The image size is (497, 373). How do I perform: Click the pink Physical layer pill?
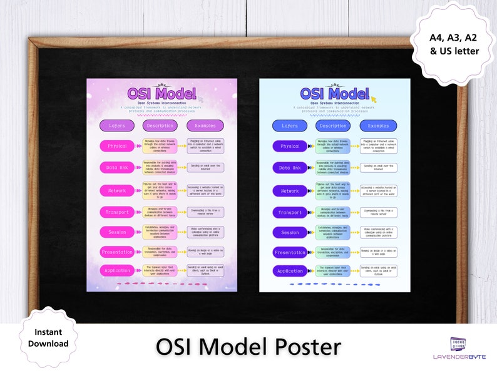[116, 146]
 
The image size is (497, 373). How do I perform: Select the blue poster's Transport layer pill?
[290, 212]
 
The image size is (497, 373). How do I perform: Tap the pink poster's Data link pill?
[116, 167]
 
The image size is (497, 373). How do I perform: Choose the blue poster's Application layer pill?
[290, 271]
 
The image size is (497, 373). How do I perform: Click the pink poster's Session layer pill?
[116, 232]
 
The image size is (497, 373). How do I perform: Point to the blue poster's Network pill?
[290, 190]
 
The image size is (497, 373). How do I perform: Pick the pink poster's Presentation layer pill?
[116, 252]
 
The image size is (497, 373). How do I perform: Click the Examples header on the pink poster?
[205, 125]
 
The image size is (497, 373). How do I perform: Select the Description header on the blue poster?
[332, 126]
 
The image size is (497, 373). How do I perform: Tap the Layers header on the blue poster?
[290, 126]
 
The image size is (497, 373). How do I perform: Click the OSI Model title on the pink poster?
[162, 93]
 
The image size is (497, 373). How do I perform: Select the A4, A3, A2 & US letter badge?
[454, 44]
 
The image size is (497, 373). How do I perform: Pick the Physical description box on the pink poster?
[160, 146]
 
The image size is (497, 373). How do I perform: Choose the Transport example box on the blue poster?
[378, 212]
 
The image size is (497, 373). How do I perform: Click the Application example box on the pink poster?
[205, 270]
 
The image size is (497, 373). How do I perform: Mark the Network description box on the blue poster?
[332, 190]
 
